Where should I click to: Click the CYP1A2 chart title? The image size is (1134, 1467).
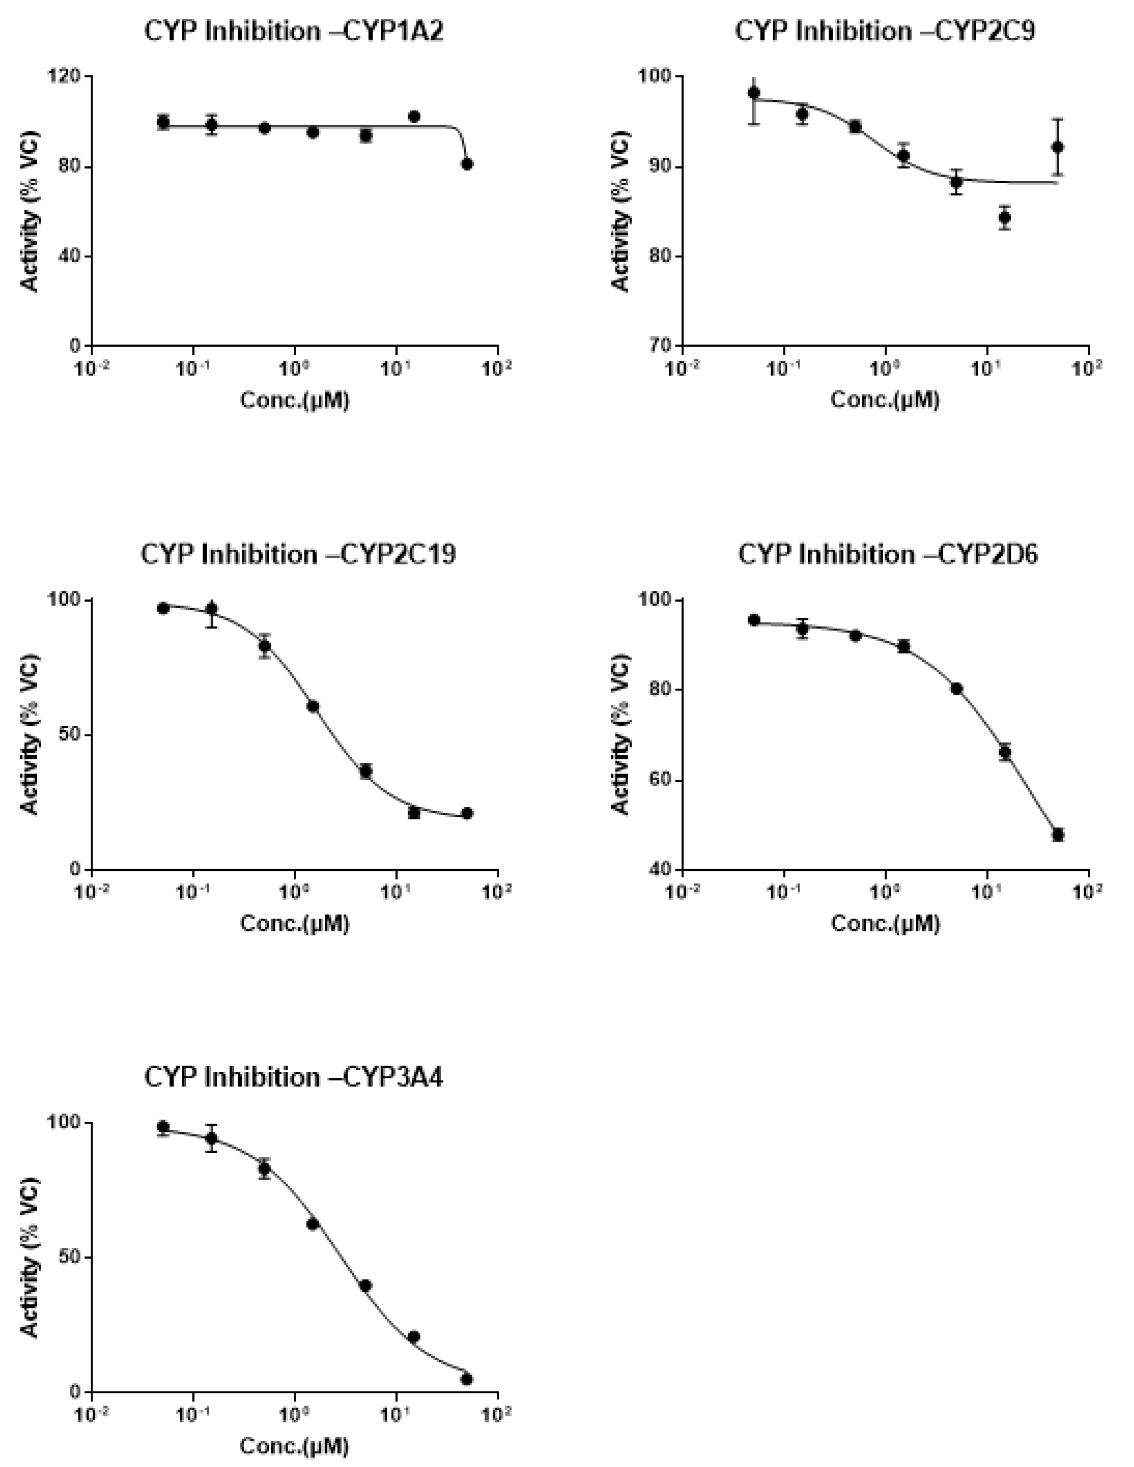coord(294,32)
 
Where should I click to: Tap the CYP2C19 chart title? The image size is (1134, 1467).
coord(298,555)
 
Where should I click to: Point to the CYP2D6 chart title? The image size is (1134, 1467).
coord(887,555)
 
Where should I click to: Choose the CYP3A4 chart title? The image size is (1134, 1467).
coord(294,1077)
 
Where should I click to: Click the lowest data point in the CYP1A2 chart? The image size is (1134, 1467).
coord(467,164)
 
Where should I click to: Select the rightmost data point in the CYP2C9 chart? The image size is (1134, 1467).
coord(1057,147)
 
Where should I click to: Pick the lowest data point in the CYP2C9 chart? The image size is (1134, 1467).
coord(1005,218)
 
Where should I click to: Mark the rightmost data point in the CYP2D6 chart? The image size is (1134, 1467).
coord(1058,835)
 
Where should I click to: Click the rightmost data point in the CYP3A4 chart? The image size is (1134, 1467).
coord(467,1379)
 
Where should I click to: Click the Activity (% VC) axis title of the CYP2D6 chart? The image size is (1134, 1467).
coord(622,734)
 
